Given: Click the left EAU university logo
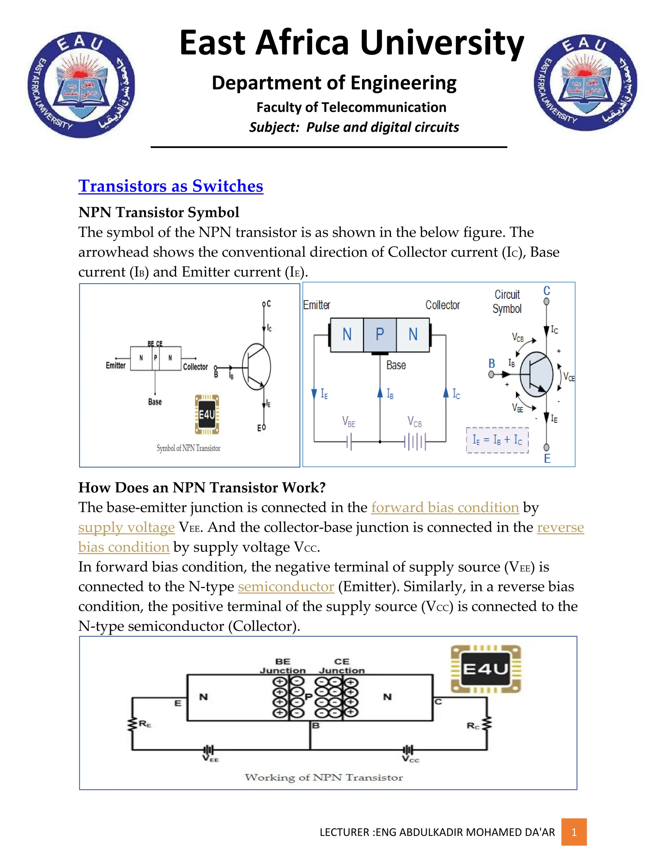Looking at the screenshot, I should click(82, 85).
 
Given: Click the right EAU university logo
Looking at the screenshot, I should click(585, 83).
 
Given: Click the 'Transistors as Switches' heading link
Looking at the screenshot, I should click(170, 186).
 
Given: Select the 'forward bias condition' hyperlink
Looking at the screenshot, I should click(445, 507).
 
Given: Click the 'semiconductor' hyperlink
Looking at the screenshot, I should click(286, 586).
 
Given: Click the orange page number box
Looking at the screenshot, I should click(574, 832).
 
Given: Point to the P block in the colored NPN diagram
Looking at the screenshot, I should click(379, 334).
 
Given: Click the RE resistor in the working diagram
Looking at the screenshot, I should click(132, 724).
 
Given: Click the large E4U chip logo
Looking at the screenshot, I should click(486, 669).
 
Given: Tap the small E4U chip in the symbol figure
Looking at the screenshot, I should click(207, 414).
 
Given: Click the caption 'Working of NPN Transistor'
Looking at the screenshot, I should click(323, 777).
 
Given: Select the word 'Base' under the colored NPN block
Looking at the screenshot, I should click(396, 365).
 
